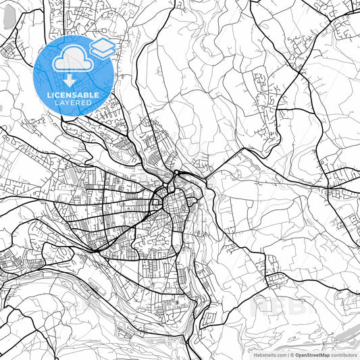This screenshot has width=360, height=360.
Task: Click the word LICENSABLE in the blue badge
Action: coord(73,95)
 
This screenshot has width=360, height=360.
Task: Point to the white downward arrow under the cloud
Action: coord(70,80)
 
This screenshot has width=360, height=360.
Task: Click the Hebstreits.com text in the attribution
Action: coord(269,354)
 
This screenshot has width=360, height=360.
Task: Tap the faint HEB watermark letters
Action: coord(270,307)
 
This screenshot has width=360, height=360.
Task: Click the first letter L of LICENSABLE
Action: coord(49,95)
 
